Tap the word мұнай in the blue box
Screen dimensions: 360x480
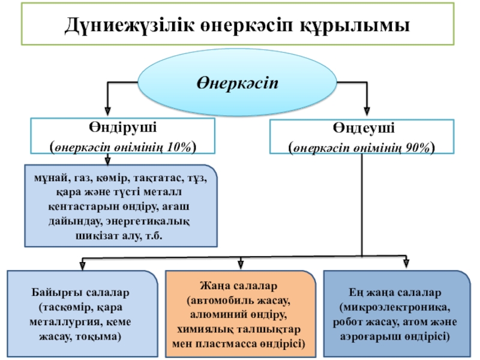tap(51, 178)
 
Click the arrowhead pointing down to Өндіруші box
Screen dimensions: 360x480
tap(107, 112)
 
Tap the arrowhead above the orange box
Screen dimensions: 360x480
tap(241, 264)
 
